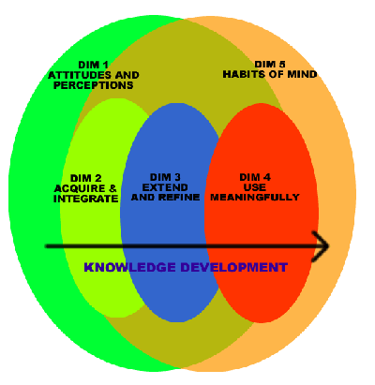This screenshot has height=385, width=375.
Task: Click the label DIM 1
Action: (x=93, y=65)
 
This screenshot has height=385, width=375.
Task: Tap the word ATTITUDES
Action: (x=80, y=75)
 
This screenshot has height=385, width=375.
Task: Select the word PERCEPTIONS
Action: (x=94, y=85)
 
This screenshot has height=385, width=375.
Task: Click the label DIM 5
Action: (x=270, y=65)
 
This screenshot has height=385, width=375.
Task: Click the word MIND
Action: (x=303, y=74)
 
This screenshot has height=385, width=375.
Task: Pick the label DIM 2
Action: (x=86, y=178)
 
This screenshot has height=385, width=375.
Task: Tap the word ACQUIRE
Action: (x=80, y=188)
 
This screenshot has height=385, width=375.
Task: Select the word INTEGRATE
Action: (x=86, y=199)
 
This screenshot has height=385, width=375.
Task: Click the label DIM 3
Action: (x=165, y=177)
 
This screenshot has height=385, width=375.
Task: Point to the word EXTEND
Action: (x=165, y=187)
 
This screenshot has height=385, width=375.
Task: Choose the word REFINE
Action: (x=179, y=198)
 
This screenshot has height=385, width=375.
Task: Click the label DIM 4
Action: (x=255, y=177)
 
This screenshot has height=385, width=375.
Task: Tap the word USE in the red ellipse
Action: (x=255, y=187)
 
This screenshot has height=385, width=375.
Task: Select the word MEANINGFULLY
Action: (x=255, y=198)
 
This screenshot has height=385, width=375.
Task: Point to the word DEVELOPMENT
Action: (x=233, y=267)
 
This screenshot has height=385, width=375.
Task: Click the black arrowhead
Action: (x=321, y=246)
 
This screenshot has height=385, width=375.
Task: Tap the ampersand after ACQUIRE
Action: (x=112, y=188)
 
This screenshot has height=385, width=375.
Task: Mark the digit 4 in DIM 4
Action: (x=267, y=177)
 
